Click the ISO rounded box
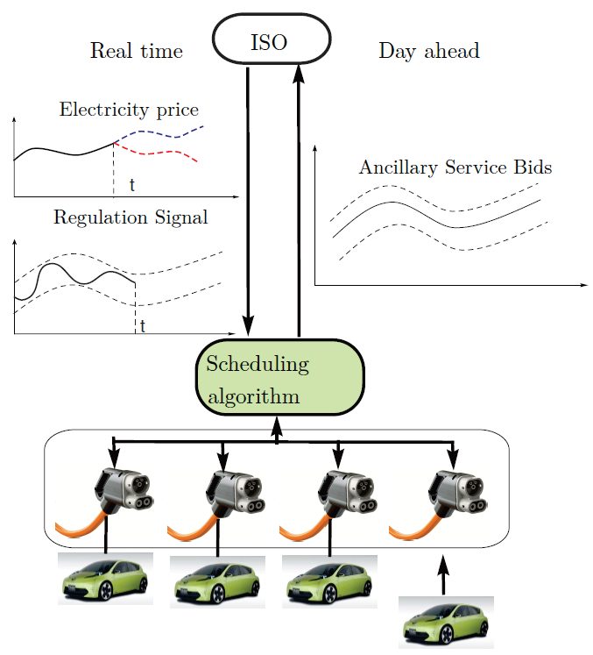tap(272, 41)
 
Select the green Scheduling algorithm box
tap(278, 379)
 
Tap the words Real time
tap(136, 51)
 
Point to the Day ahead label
tap(428, 51)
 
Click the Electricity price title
tap(129, 110)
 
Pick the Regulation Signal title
tap(131, 217)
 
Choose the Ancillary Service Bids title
tap(455, 167)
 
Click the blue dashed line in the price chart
tap(166, 133)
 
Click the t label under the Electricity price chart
tap(132, 185)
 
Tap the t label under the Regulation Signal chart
tap(143, 326)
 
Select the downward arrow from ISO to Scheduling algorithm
tap(250, 202)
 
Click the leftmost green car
tap(104, 579)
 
